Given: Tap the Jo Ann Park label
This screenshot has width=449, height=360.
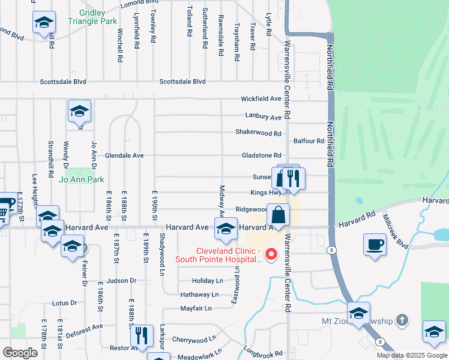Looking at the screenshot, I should pyautogui.click(x=81, y=179).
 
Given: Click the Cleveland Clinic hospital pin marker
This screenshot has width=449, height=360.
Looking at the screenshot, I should pyautogui.click(x=271, y=254).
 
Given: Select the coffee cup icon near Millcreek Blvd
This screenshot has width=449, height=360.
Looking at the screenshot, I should pyautogui.click(x=375, y=245).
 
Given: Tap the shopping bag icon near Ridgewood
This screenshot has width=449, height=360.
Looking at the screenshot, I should pyautogui.click(x=280, y=214).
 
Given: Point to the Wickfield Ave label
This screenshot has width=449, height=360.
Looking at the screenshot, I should pyautogui.click(x=261, y=98).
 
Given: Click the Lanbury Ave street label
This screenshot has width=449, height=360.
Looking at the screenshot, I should pyautogui.click(x=263, y=117).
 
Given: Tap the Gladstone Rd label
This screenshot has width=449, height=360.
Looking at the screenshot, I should pyautogui.click(x=261, y=155).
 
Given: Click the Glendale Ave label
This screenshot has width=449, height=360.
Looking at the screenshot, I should pyautogui.click(x=124, y=155).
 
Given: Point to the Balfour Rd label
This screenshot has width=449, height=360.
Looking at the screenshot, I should pyautogui.click(x=309, y=141).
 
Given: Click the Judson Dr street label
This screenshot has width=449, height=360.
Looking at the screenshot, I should pyautogui.click(x=122, y=280).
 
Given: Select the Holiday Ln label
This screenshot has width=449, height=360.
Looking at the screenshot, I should pyautogui.click(x=207, y=281).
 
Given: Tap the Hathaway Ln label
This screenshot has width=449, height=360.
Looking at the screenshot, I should pyautogui.click(x=199, y=295).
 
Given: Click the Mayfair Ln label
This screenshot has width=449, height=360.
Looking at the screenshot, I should pyautogui.click(x=196, y=308).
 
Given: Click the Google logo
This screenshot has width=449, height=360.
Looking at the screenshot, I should pyautogui.click(x=20, y=353).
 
